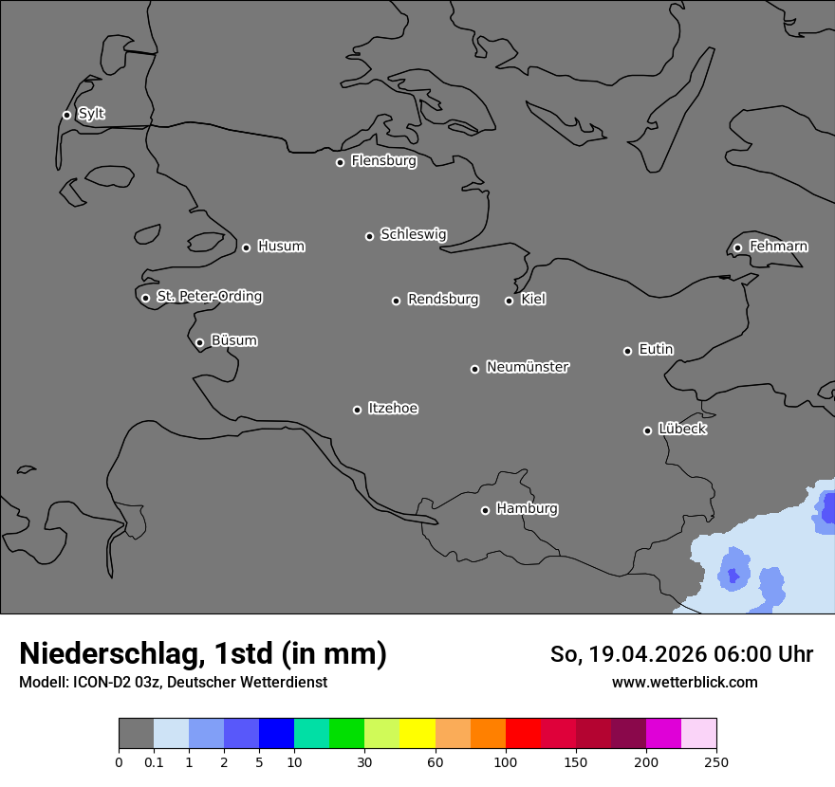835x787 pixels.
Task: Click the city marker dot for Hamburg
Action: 485,510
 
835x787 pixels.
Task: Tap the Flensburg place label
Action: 383,161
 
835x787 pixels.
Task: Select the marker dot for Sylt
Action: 66,115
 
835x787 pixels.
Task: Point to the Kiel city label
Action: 533,300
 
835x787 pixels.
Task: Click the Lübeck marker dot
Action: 648,430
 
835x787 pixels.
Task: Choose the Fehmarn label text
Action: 778,247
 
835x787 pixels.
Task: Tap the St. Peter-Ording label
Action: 209,297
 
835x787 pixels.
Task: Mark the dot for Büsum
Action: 199,343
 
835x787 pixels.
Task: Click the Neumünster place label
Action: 528,367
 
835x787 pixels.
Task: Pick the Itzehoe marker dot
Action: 357,410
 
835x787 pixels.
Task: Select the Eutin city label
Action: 656,350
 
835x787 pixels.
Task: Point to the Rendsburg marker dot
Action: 396,301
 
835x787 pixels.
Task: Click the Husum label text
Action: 281,247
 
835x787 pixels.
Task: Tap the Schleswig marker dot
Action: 369,236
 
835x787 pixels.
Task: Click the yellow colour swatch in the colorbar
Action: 417,734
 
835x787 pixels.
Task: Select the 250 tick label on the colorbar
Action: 716,761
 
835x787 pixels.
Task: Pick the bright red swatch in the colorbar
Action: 523,734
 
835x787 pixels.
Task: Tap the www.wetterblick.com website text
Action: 685,682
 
